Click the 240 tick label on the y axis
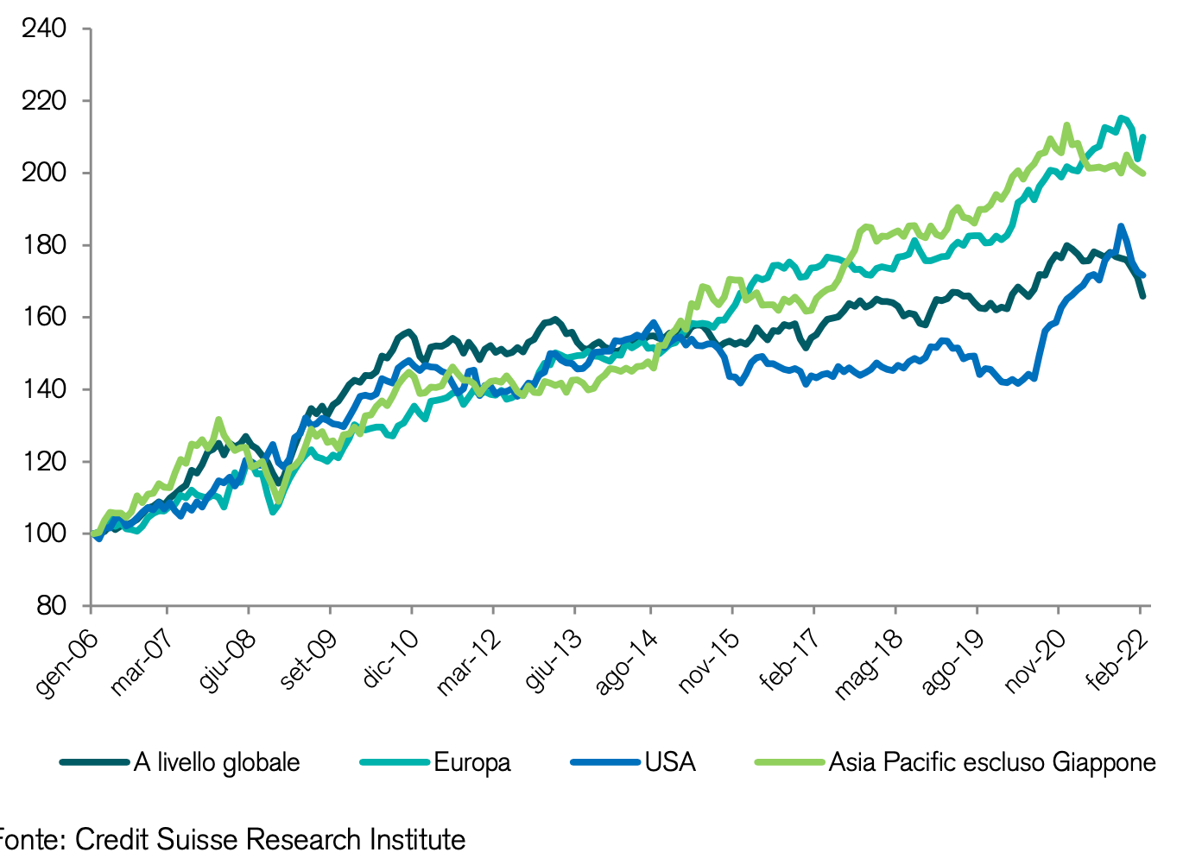[x=44, y=28]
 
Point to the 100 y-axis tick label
[x=44, y=533]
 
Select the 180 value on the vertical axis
[x=44, y=245]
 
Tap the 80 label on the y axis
[x=51, y=605]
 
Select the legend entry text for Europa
[x=471, y=762]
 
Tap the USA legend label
[x=669, y=762]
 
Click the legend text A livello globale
[x=217, y=762]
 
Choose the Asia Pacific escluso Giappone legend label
[x=991, y=762]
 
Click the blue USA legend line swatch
[x=605, y=762]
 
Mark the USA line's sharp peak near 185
[x=1121, y=226]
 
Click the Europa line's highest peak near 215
[x=1121, y=118]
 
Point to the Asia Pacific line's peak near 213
[x=1066, y=125]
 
